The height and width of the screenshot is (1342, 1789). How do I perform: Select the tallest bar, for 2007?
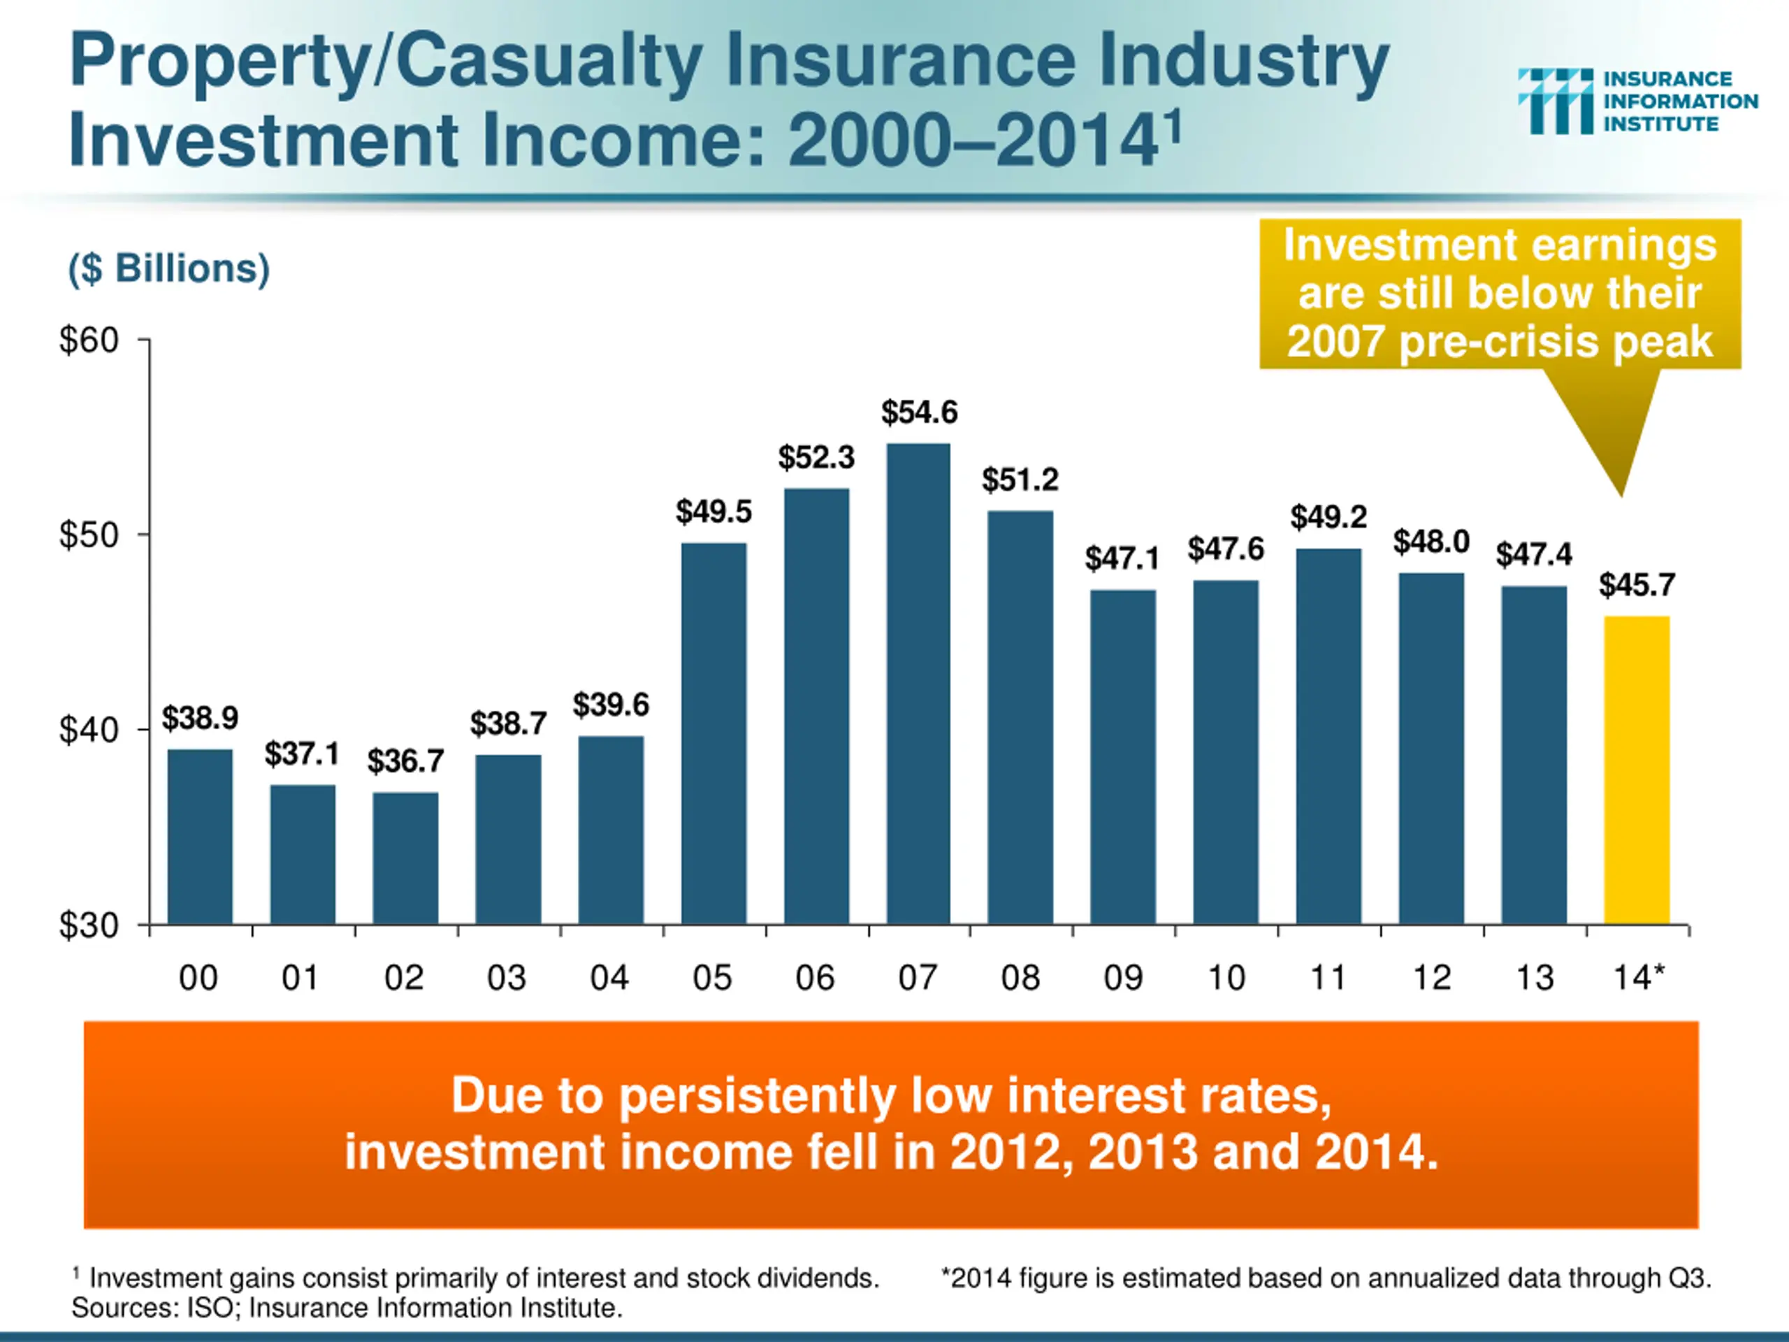918,684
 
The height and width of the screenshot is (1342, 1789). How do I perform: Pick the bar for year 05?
714,733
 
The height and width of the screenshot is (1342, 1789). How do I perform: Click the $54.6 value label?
919,412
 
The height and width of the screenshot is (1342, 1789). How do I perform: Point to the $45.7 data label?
1637,585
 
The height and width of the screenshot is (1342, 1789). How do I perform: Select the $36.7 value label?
405,761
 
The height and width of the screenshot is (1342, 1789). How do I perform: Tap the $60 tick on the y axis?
89,340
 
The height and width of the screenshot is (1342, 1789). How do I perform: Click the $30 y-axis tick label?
89,925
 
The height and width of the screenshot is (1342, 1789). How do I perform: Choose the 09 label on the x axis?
1124,978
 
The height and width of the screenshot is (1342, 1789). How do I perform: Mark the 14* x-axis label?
1639,978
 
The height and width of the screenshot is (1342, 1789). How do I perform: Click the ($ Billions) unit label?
169,268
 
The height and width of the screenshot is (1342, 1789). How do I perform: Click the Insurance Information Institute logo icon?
1556,101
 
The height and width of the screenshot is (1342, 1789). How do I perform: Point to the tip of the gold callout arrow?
1621,493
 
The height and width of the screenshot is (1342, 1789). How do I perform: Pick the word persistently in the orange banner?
758,1096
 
